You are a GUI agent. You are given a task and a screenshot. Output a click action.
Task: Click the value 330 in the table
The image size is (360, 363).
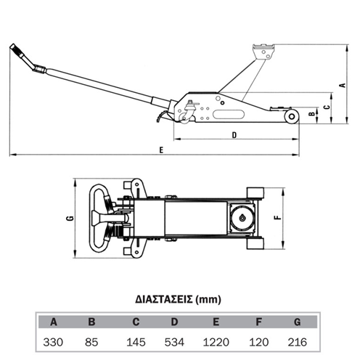(x=53, y=342)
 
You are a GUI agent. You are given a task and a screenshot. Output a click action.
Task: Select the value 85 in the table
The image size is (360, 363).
(x=91, y=342)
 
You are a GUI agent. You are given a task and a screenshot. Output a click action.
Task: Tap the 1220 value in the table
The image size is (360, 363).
(x=216, y=342)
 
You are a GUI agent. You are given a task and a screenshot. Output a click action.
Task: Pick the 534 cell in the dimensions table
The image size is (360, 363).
(x=174, y=342)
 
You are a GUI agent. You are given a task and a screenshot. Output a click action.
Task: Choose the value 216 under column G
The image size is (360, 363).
(x=298, y=342)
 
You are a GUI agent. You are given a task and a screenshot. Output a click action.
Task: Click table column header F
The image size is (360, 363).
(x=258, y=322)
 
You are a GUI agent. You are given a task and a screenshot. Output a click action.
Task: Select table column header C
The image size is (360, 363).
(x=136, y=322)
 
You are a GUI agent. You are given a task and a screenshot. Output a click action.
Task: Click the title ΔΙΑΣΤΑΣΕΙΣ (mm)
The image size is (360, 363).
(x=178, y=300)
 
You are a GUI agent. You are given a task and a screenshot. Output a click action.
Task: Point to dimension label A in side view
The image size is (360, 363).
(x=343, y=85)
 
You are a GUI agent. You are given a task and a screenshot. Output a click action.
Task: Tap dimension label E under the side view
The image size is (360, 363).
(x=161, y=150)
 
